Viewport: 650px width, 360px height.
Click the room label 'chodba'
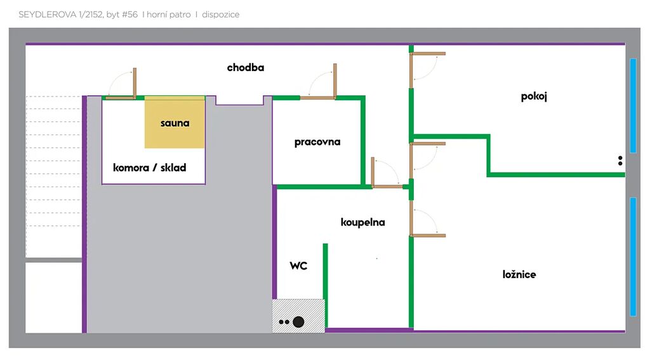point(246,67)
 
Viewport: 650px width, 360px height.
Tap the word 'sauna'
point(175,123)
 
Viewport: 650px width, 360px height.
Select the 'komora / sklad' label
point(150,168)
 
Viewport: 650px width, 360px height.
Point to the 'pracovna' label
point(317,142)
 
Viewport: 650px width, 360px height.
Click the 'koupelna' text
point(362,222)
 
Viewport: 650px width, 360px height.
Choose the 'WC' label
point(298,265)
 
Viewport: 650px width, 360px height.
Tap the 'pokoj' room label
point(534,97)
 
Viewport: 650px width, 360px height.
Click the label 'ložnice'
point(519,274)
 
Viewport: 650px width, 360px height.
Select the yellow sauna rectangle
point(175,122)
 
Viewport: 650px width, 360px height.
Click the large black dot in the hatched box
point(298,322)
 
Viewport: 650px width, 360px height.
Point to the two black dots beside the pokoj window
point(620,161)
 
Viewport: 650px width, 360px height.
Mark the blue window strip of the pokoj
point(633,106)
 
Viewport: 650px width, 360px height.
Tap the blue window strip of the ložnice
point(633,257)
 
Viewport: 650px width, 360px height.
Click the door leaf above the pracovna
point(335,81)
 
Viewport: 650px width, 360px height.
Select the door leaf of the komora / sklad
point(135,83)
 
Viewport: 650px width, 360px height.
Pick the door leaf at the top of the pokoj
point(428,53)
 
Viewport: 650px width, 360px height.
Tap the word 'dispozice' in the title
point(220,15)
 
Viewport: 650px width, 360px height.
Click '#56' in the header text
point(129,15)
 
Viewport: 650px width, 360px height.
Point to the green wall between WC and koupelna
point(326,286)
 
